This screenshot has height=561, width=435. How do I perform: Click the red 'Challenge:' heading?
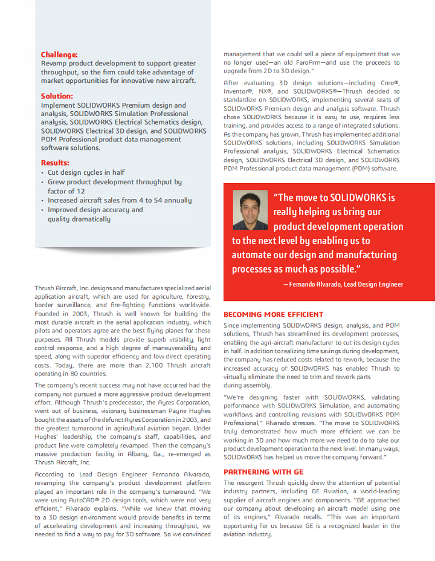click(x=59, y=54)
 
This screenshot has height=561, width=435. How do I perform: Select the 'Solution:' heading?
click(x=57, y=96)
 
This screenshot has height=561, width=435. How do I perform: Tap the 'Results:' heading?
click(x=55, y=163)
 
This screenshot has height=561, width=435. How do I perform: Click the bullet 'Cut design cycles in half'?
click(x=86, y=172)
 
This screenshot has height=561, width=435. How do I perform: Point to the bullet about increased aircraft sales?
click(x=120, y=200)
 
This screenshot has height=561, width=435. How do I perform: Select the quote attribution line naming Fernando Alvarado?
click(x=343, y=284)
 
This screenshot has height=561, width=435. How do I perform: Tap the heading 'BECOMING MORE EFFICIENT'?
click(x=274, y=314)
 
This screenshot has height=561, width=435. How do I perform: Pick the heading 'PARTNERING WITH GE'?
click(x=263, y=472)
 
